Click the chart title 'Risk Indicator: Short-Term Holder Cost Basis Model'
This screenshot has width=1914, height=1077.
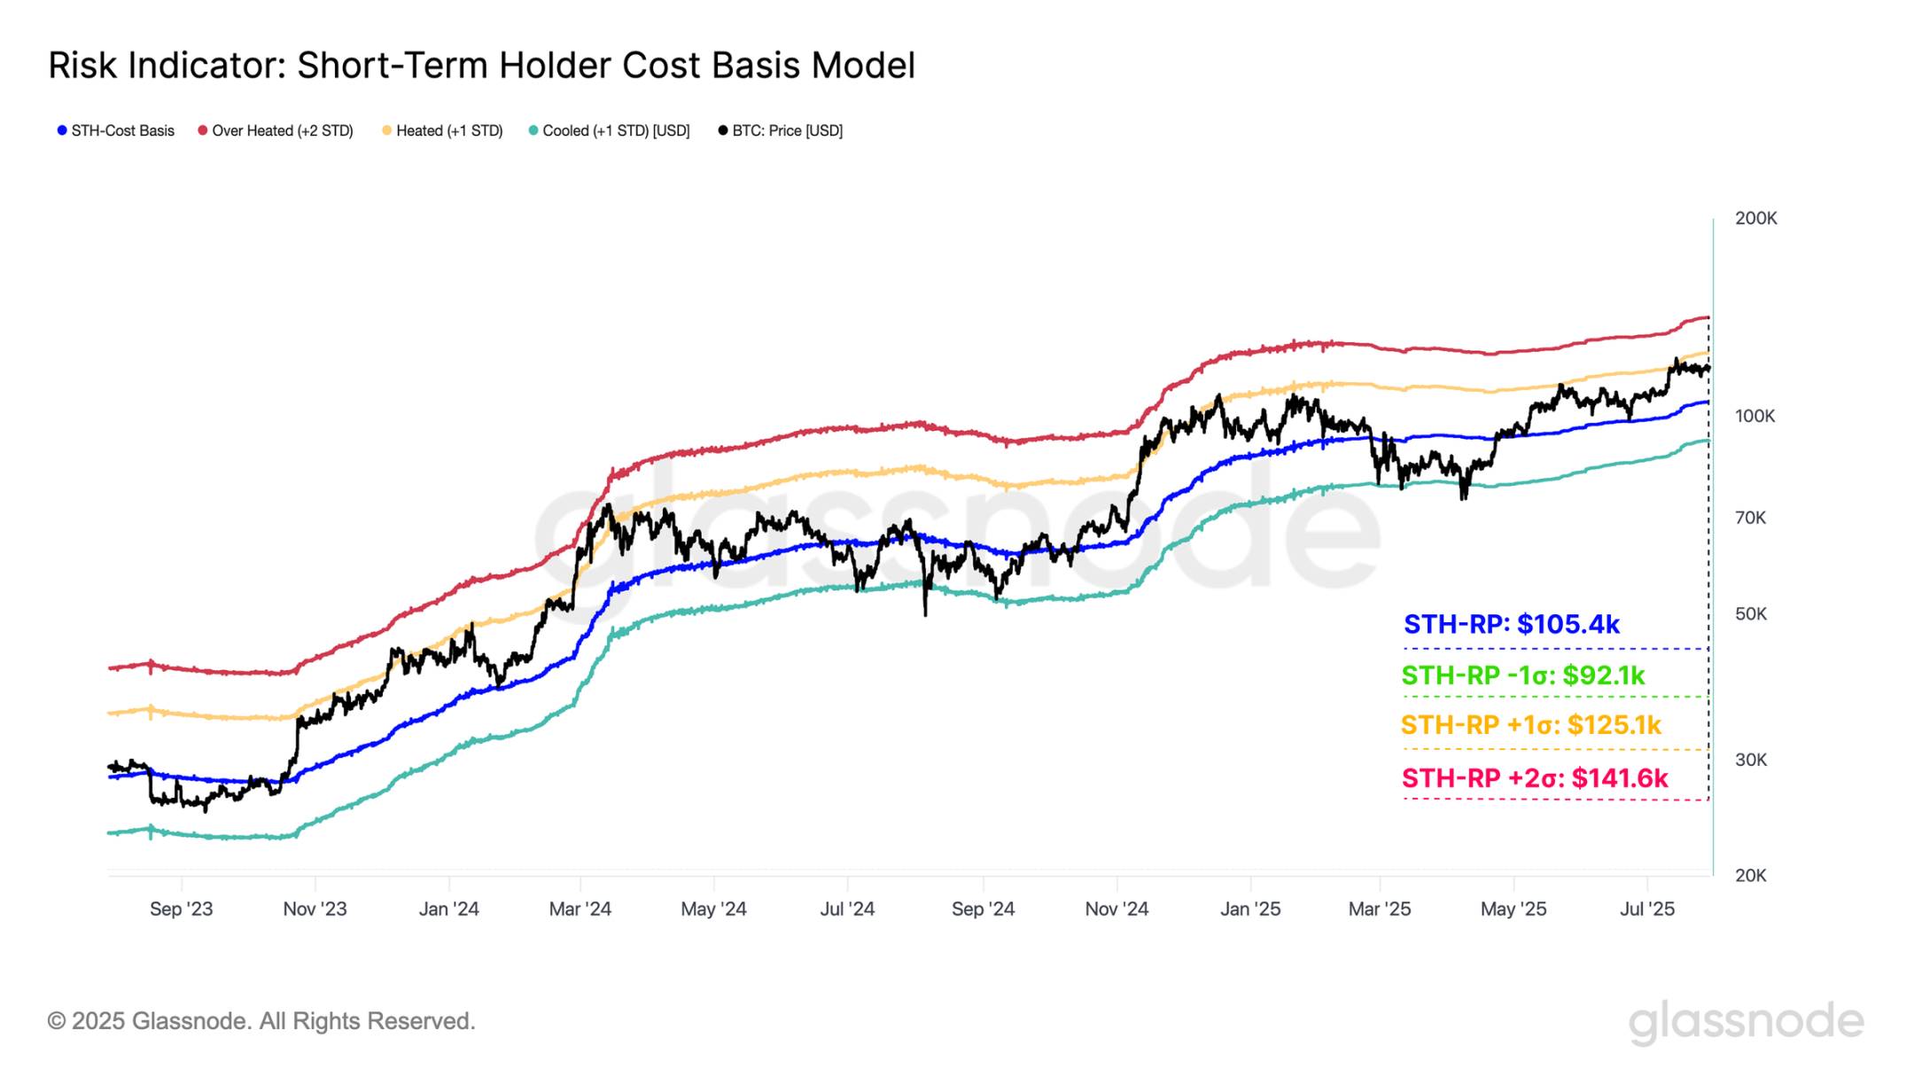coord(481,66)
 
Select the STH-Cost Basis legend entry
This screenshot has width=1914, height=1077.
coord(116,131)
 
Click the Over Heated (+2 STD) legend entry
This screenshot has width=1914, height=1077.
coord(276,131)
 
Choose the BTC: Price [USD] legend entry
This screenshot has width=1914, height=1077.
coord(780,131)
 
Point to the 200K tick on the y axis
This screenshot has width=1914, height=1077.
coord(1755,218)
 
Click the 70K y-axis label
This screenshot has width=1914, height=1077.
coord(1750,518)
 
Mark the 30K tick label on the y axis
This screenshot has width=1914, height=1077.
coord(1750,760)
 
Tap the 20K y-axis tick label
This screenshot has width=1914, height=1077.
coord(1750,876)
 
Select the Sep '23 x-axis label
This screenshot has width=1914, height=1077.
coord(181,909)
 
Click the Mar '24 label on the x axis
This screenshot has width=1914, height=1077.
coord(580,909)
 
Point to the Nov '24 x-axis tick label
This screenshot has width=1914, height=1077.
coord(1116,909)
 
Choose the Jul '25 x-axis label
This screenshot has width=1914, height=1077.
coord(1646,909)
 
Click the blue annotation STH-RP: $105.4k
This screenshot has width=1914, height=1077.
coord(1511,625)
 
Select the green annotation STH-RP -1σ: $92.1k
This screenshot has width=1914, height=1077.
coord(1522,676)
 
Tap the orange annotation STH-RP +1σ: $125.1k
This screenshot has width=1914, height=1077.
coord(1530,726)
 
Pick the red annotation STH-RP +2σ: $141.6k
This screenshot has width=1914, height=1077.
coord(1534,779)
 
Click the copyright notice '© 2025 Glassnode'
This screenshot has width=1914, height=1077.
coord(261,1022)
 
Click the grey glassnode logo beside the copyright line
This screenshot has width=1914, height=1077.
coord(1745,1022)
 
